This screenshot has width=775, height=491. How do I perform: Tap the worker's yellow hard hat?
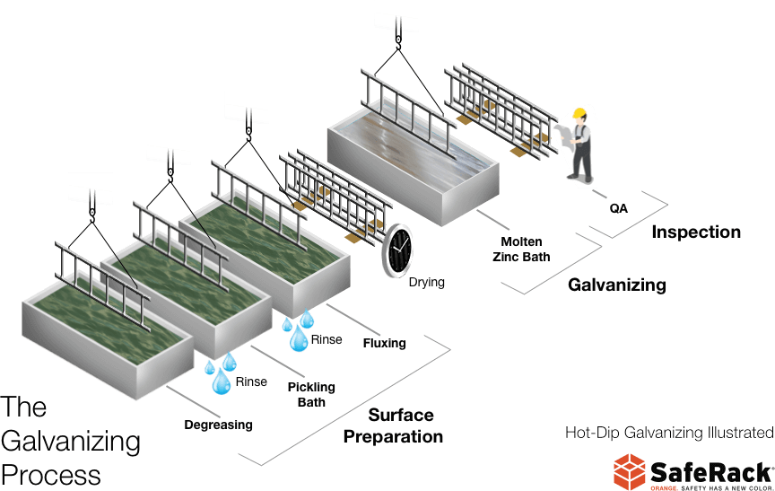(580, 113)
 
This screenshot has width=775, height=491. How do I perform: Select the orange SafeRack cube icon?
(630, 471)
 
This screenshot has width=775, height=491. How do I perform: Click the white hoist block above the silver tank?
(396, 14)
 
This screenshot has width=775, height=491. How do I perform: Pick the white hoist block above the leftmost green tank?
(91, 188)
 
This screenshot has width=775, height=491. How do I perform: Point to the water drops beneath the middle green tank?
(219, 373)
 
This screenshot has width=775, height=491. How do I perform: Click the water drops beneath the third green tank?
(297, 330)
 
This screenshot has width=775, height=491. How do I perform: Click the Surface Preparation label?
(392, 426)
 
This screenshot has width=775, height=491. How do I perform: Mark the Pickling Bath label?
(315, 391)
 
